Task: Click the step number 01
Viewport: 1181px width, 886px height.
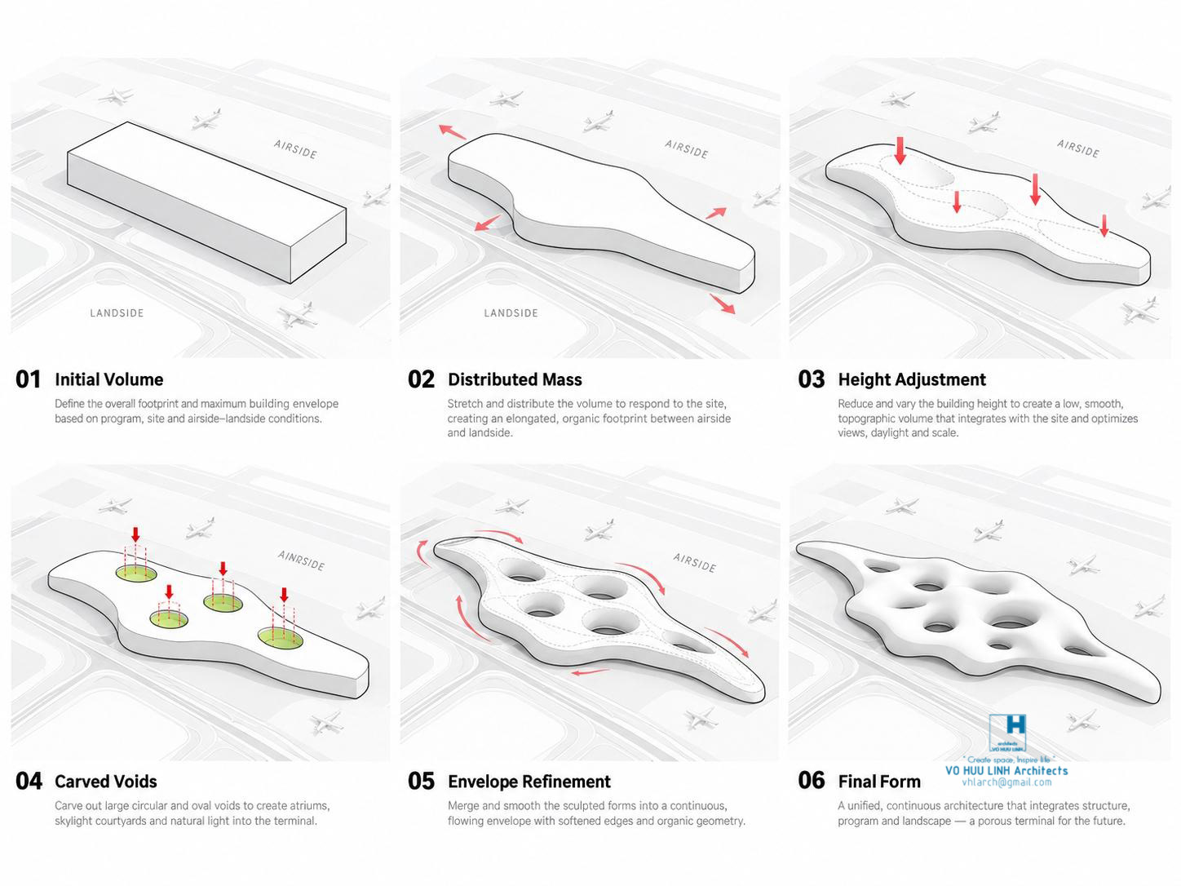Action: pyautogui.click(x=28, y=379)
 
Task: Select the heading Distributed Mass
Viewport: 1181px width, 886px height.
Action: pyautogui.click(x=515, y=380)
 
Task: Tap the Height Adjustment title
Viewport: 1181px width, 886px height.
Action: pyautogui.click(x=912, y=380)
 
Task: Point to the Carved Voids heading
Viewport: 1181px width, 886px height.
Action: pyautogui.click(x=106, y=781)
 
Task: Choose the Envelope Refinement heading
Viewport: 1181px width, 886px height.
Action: pyautogui.click(x=529, y=781)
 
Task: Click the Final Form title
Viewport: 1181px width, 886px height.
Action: pyautogui.click(x=879, y=781)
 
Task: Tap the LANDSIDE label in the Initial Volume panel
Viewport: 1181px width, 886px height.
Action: pyautogui.click(x=117, y=313)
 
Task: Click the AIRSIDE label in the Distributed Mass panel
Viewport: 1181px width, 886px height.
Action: pyautogui.click(x=686, y=149)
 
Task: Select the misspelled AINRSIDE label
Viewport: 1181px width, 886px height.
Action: pyautogui.click(x=301, y=560)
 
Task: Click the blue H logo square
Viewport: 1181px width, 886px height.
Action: pyautogui.click(x=1007, y=733)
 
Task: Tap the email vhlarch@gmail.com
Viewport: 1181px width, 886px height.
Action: pyautogui.click(x=1006, y=782)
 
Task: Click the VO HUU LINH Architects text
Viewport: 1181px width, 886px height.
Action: pyautogui.click(x=1006, y=770)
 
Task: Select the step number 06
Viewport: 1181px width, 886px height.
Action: pyautogui.click(x=812, y=781)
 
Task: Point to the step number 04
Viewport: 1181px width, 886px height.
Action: pyautogui.click(x=29, y=781)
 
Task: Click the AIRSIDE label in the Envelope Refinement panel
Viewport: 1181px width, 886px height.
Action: pyautogui.click(x=694, y=563)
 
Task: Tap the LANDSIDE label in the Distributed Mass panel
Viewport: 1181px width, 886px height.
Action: pyautogui.click(x=511, y=313)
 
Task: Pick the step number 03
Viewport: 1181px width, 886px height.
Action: pyautogui.click(x=812, y=379)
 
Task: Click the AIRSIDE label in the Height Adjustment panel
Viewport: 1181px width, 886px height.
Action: pyautogui.click(x=1077, y=148)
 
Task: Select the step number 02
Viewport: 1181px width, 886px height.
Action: pyautogui.click(x=421, y=379)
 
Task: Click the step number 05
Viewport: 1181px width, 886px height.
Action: pyautogui.click(x=421, y=781)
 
